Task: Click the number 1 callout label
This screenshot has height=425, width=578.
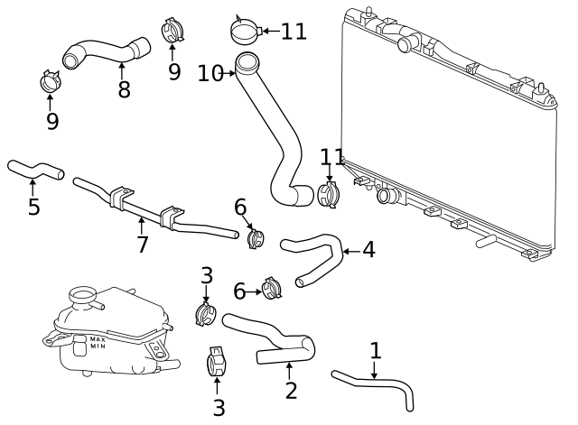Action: coord(376,351)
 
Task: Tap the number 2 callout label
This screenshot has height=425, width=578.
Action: coord(290,390)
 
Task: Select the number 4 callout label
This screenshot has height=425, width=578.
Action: coord(368,250)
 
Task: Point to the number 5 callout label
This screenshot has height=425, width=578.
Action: coord(33,207)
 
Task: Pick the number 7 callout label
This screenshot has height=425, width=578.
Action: coord(142,245)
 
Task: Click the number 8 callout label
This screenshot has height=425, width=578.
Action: coord(124,89)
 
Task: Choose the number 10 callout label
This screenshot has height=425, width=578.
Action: coord(209,73)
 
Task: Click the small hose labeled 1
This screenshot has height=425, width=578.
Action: coord(379,384)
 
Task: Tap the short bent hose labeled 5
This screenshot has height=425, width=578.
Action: coord(35,169)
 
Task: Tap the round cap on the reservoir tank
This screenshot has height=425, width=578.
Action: coord(82,296)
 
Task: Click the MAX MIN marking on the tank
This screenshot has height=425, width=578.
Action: coord(98,343)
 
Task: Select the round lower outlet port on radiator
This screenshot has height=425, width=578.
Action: coord(386,195)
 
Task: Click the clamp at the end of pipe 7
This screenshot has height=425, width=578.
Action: coord(255,239)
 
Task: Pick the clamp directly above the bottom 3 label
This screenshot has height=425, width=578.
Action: coord(218,364)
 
